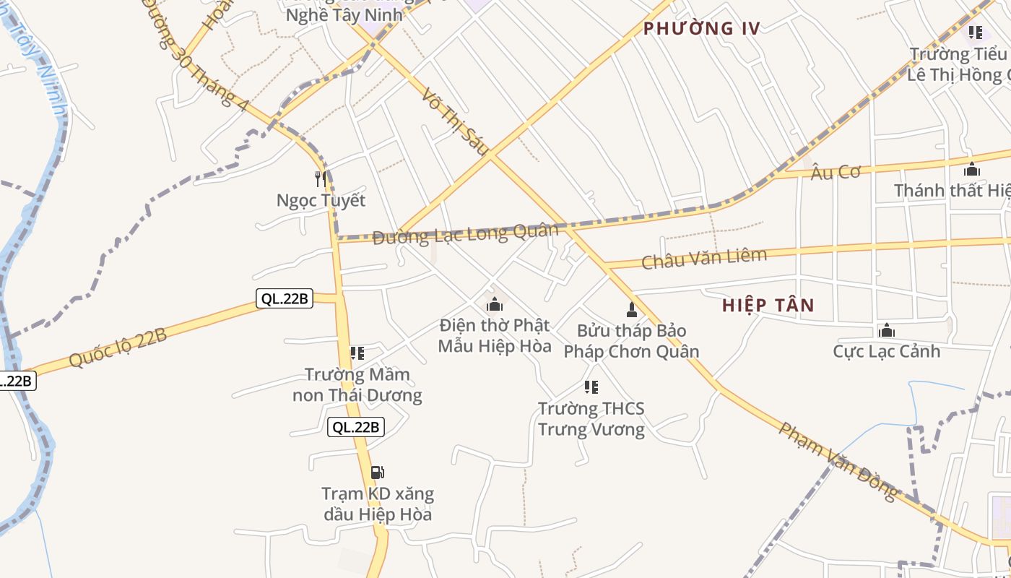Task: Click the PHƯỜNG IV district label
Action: (701, 29)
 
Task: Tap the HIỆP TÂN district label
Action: (768, 306)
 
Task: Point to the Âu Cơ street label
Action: (836, 172)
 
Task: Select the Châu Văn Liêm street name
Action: (703, 258)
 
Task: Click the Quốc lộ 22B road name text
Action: (118, 348)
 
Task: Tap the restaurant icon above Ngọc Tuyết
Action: (321, 178)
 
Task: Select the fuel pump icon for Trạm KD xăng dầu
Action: (377, 473)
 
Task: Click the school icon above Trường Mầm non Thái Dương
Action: (357, 353)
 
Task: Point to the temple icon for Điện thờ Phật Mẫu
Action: (495, 304)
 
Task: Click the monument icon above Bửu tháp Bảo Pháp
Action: (632, 310)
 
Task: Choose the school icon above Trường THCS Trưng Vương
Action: (591, 387)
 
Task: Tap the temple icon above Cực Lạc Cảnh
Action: (887, 331)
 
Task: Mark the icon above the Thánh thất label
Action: (972, 170)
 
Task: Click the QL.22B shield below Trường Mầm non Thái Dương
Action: (355, 427)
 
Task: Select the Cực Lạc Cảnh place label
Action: (886, 352)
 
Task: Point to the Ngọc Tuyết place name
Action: (321, 200)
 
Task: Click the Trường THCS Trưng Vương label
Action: (591, 419)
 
